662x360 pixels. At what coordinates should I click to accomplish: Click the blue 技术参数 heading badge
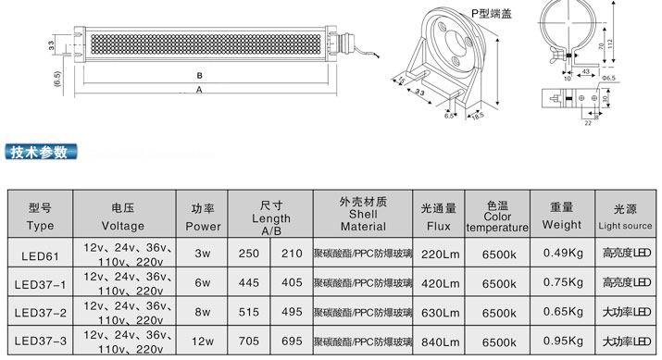[41, 152]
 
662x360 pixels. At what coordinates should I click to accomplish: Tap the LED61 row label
[40, 255]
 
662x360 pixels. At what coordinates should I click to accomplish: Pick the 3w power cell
[203, 254]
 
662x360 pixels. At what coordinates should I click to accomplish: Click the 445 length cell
[249, 282]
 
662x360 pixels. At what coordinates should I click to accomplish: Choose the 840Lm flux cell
[440, 341]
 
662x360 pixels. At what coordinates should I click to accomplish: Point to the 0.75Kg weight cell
[563, 282]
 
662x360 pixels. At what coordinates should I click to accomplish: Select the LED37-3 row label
[41, 341]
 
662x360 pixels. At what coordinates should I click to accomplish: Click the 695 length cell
[292, 341]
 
